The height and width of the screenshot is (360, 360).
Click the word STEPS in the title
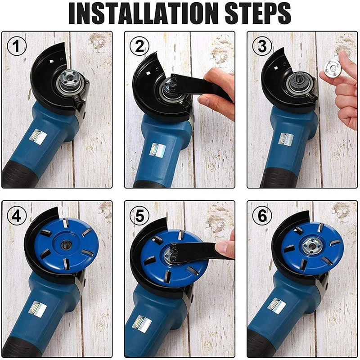click(258, 13)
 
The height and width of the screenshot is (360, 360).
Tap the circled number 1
click(17, 46)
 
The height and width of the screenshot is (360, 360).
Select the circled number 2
click(139, 46)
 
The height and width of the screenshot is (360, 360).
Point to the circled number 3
click(262, 46)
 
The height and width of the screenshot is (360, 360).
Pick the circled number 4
click(17, 216)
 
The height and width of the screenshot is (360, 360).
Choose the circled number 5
click(139, 216)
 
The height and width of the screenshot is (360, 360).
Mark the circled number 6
click(262, 216)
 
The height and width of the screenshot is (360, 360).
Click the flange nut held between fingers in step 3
click(331, 68)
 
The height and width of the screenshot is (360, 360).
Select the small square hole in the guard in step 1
click(52, 61)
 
